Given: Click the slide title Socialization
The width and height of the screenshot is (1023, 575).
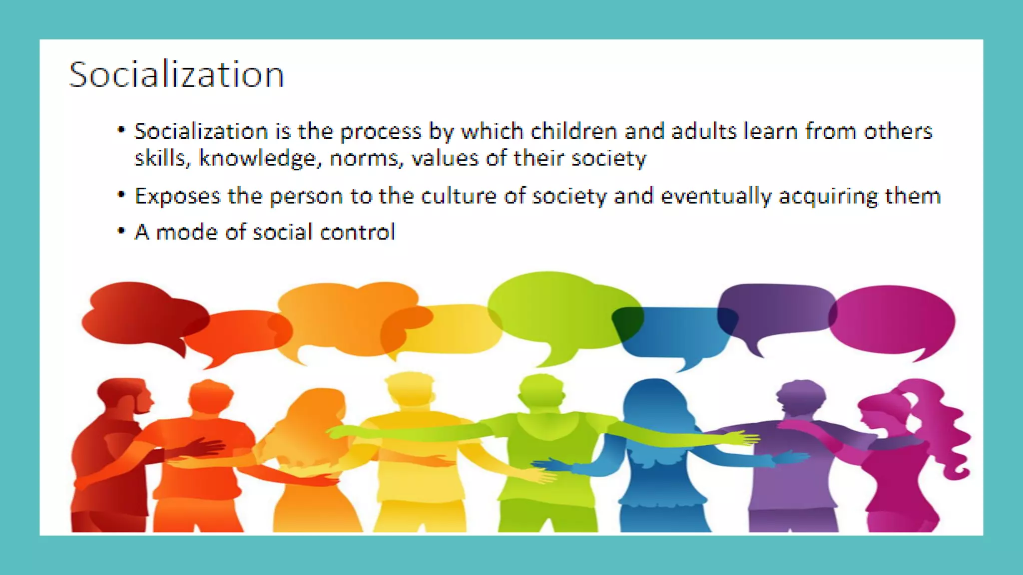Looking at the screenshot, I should point(176,75).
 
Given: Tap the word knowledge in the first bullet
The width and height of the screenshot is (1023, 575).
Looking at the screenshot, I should point(257,159).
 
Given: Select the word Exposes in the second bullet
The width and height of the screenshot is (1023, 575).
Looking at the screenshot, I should point(177,196).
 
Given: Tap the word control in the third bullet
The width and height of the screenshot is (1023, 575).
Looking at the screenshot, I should point(357,232).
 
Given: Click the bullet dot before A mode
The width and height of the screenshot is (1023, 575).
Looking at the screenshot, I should point(121,231).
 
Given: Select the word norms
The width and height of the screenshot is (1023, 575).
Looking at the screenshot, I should point(366,159).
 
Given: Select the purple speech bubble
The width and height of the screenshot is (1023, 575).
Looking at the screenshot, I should point(774,309).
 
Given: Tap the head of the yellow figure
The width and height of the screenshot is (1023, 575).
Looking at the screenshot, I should point(410,389).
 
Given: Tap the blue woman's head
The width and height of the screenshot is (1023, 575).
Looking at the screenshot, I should point(654,399).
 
